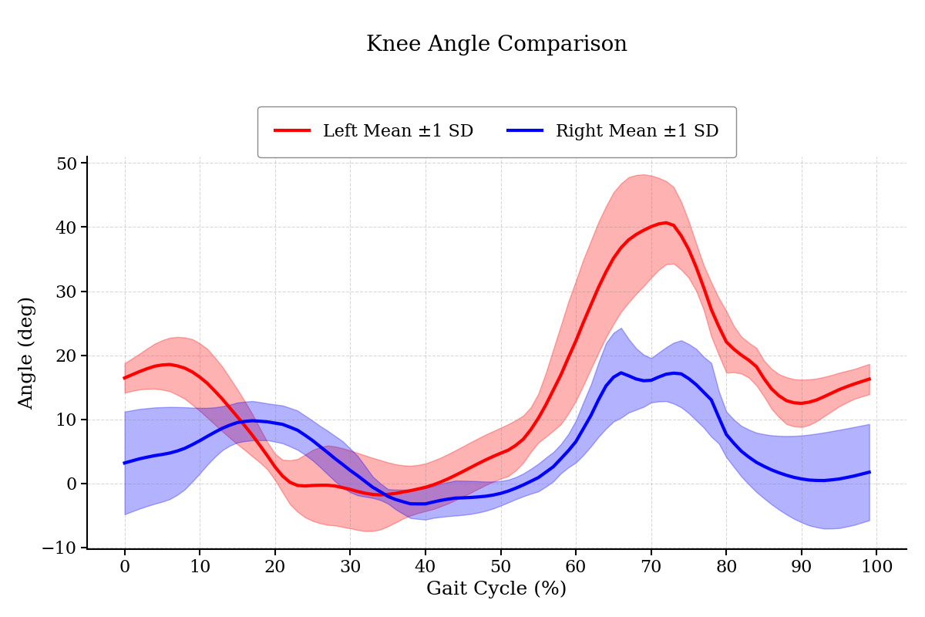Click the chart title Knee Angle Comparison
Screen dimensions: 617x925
click(x=496, y=45)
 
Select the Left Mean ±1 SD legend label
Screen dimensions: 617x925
click(x=398, y=131)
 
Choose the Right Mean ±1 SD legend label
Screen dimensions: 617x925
click(x=637, y=131)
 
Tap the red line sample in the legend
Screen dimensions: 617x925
click(x=293, y=131)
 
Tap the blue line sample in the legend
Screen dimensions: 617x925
click(x=526, y=131)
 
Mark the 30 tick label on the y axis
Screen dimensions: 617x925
click(x=66, y=292)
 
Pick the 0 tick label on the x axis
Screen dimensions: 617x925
click(x=125, y=566)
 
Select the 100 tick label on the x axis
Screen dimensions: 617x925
click(x=876, y=566)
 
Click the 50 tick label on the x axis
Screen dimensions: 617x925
click(x=501, y=566)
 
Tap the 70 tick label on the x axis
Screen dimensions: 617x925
click(x=651, y=566)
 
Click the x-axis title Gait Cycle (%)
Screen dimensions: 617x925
click(x=496, y=589)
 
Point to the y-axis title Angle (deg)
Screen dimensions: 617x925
click(x=27, y=352)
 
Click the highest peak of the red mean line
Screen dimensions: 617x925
click(x=666, y=223)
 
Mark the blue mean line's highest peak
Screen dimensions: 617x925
click(x=621, y=373)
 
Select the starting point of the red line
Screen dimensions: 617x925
click(x=125, y=378)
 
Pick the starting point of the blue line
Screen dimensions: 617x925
click(x=125, y=463)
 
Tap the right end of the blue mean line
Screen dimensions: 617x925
click(x=869, y=472)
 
